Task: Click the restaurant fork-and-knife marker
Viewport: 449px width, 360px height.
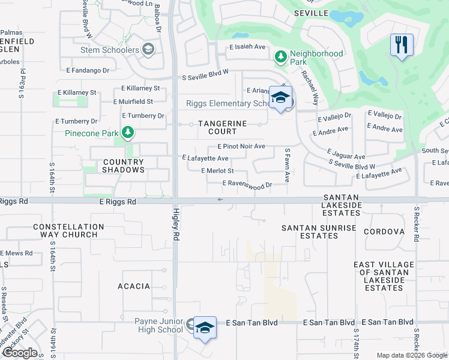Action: tap(401, 45)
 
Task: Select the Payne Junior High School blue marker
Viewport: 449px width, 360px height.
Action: tap(205, 328)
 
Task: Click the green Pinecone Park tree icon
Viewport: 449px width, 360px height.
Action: tap(127, 132)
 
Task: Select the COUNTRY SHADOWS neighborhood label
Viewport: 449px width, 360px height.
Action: tap(123, 166)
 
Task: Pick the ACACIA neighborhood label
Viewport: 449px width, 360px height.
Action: tap(134, 286)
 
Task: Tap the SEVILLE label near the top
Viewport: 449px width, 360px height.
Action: tap(311, 13)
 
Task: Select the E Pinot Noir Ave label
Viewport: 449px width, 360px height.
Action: tap(241, 146)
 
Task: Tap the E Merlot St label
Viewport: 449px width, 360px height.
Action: tap(217, 171)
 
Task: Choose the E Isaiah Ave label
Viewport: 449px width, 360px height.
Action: tap(247, 46)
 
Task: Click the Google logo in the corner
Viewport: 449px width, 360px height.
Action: tap(20, 353)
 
